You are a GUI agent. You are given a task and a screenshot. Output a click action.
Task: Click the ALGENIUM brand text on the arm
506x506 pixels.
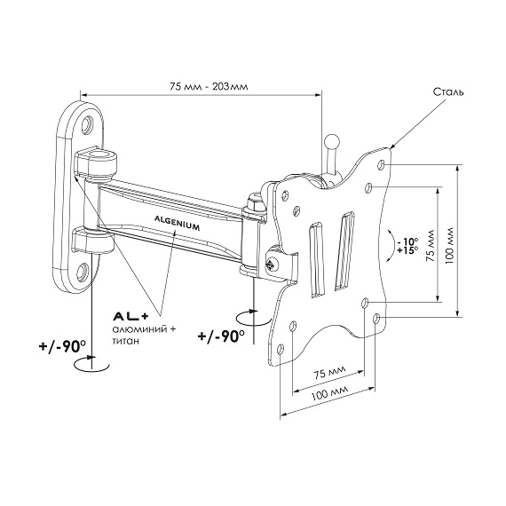click(x=177, y=223)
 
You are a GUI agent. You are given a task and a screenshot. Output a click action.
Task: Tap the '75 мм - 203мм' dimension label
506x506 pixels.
click(x=210, y=87)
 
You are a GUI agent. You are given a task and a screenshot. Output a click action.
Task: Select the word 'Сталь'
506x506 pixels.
click(x=448, y=92)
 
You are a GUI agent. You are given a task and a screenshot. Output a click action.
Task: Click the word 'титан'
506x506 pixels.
click(x=125, y=341)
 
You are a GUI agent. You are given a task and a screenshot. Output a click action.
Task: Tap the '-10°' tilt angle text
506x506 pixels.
click(x=407, y=241)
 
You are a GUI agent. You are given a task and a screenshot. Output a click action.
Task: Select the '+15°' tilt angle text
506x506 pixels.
click(x=407, y=250)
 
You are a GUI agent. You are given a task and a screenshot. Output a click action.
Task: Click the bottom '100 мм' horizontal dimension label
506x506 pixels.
click(x=330, y=392)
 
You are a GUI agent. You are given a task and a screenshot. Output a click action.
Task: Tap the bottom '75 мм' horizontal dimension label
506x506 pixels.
click(x=330, y=374)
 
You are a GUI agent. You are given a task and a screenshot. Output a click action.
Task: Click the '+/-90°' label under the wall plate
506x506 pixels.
click(x=62, y=347)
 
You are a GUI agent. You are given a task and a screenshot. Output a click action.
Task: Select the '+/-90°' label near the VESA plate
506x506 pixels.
click(x=221, y=336)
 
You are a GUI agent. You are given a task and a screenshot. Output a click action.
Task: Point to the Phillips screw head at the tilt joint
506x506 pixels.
click(x=271, y=265)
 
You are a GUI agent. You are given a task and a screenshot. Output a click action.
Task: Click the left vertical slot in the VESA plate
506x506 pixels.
click(x=316, y=259)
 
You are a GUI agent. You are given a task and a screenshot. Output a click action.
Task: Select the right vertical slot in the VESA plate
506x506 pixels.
click(x=344, y=250)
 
